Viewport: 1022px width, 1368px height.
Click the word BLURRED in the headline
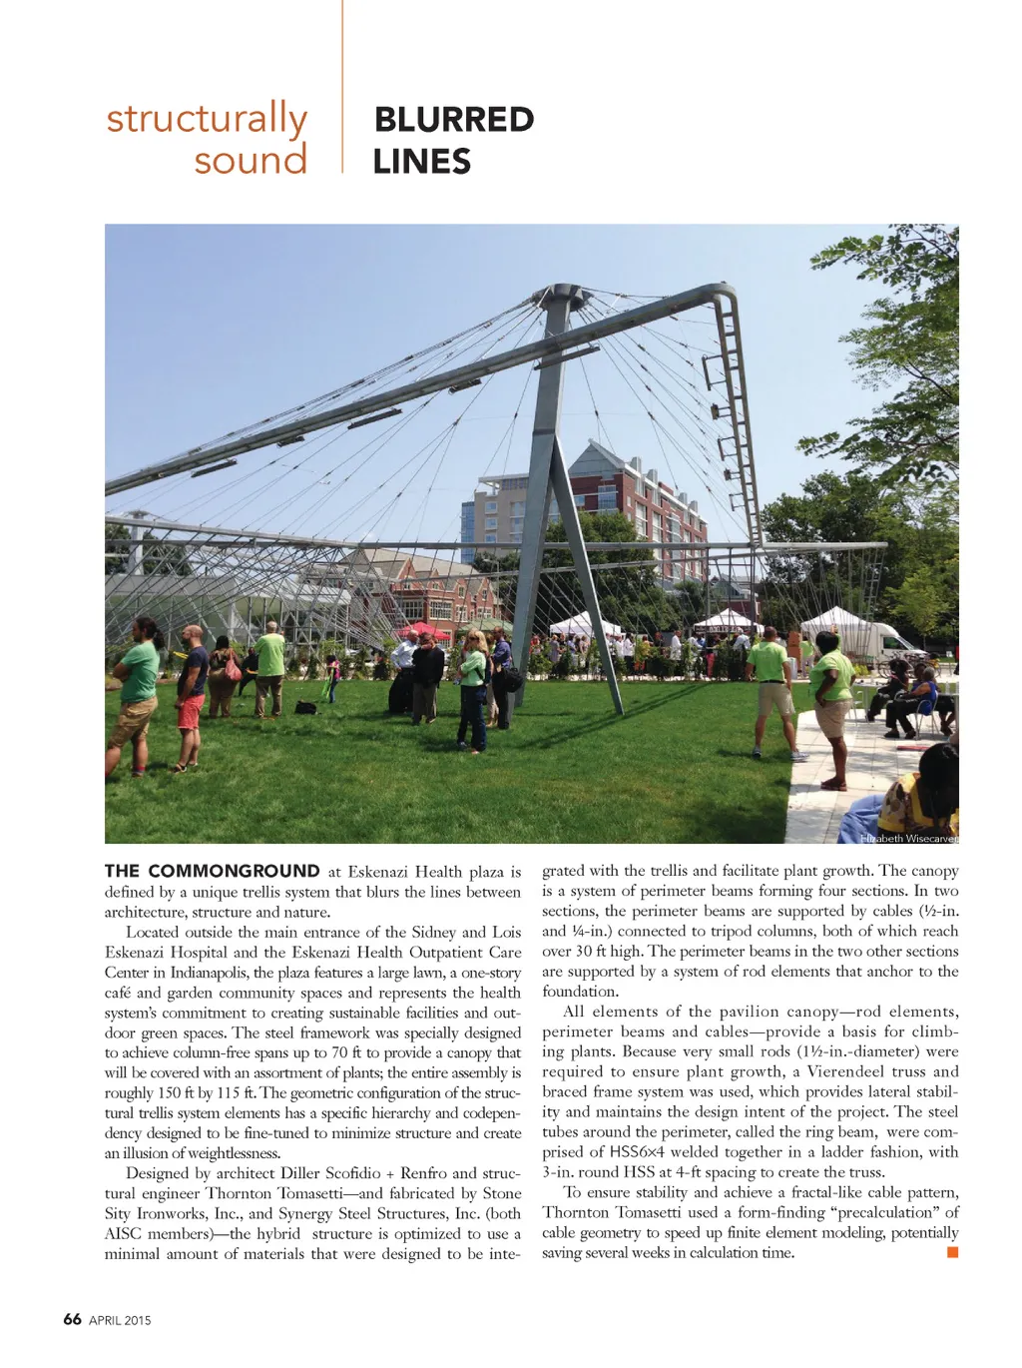(x=454, y=120)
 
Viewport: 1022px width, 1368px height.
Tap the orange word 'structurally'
(x=207, y=120)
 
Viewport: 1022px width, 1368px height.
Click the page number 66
(x=72, y=1319)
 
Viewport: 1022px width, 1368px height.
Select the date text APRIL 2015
(x=120, y=1320)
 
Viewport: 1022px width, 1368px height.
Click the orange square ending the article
(x=952, y=1252)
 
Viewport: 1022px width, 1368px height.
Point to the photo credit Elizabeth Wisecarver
(x=908, y=839)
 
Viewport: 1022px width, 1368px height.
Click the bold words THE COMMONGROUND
(x=213, y=871)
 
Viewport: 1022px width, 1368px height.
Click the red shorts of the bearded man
(x=190, y=711)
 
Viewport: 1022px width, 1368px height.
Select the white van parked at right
(x=878, y=638)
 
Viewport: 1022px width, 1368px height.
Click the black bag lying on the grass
(x=305, y=708)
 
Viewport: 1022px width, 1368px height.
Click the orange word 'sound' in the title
(x=251, y=160)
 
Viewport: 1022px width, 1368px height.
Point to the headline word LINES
(x=422, y=162)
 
